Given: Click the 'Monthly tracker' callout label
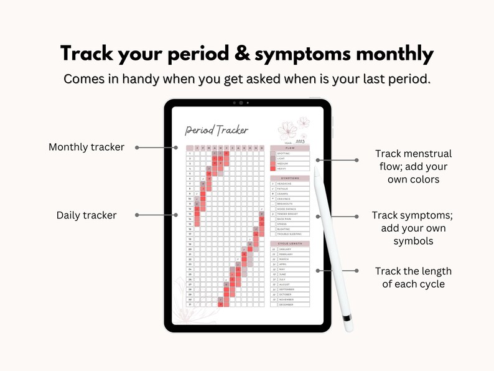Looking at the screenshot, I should [86, 148].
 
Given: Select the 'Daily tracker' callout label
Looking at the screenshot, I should [86, 215].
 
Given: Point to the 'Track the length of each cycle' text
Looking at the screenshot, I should [413, 278].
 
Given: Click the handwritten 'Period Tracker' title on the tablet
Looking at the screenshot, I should [217, 130].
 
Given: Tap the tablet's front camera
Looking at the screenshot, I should [240, 102].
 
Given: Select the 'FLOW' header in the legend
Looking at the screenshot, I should [290, 148].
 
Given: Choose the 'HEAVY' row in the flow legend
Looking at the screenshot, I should [290, 168].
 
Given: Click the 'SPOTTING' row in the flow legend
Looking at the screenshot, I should [290, 153].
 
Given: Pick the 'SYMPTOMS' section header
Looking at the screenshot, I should [290, 178].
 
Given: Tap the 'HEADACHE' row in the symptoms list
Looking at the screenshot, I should [290, 184].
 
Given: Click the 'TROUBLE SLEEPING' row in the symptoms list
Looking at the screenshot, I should [290, 234].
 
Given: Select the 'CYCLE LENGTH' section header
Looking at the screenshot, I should [290, 243].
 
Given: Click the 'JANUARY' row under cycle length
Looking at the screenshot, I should [290, 249].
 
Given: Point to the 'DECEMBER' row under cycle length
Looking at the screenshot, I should [290, 304].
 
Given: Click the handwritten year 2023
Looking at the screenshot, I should [301, 142].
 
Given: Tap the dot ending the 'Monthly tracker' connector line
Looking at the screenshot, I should [136, 148].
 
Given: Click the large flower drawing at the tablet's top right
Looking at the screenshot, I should [288, 129].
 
